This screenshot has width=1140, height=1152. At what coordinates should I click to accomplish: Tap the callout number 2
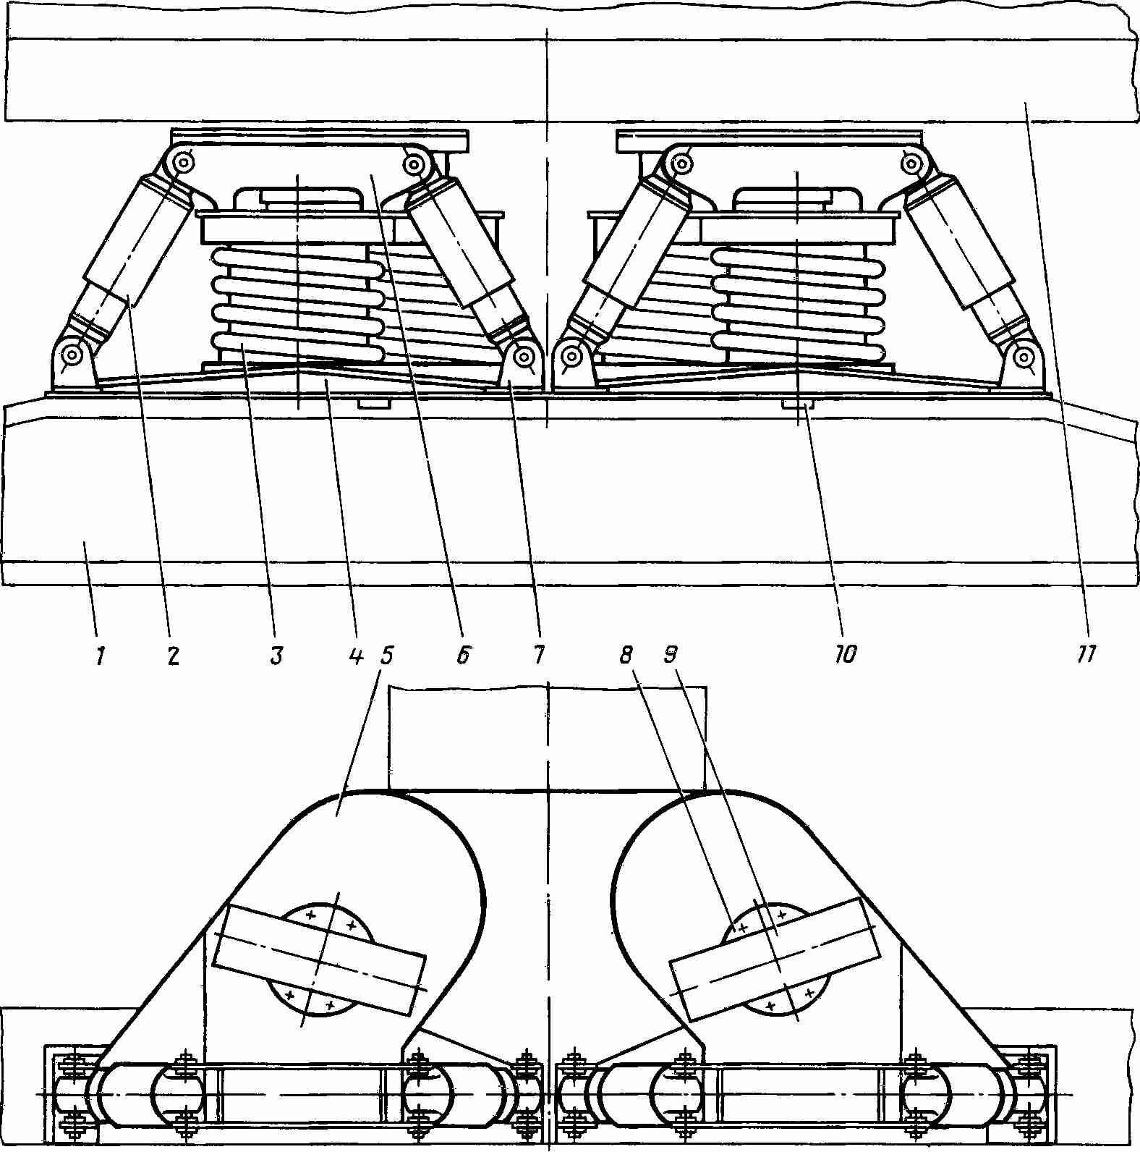(173, 656)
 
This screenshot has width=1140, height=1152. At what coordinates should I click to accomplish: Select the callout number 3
(276, 656)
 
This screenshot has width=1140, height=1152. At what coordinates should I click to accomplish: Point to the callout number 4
(354, 656)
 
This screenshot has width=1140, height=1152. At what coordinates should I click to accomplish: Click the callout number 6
(463, 656)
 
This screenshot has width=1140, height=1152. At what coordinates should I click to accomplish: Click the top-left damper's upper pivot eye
(183, 163)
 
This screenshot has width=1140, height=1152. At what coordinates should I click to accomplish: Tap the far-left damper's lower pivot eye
(72, 355)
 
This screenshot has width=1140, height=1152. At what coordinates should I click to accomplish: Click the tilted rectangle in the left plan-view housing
(320, 960)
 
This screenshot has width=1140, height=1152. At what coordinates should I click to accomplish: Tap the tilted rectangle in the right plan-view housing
(775, 959)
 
